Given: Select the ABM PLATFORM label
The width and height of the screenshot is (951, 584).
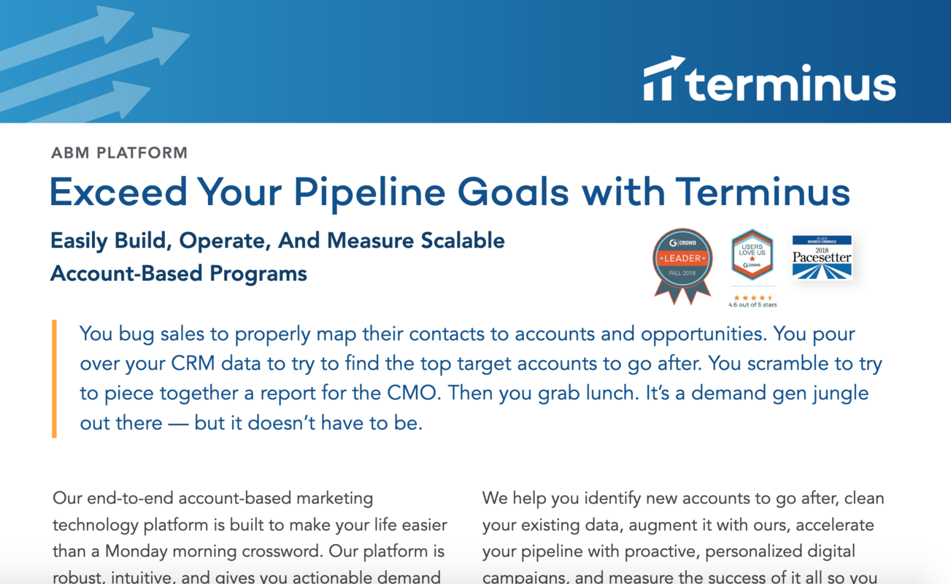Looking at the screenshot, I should point(120,153).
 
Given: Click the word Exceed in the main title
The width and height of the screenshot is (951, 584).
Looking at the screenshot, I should point(118,193).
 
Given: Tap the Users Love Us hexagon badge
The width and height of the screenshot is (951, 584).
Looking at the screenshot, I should point(752,255).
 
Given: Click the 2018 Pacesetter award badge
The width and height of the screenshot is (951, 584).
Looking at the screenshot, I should point(822,258).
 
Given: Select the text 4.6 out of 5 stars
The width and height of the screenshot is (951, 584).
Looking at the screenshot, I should point(752,304).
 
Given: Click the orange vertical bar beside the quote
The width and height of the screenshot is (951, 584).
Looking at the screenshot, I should point(54,378).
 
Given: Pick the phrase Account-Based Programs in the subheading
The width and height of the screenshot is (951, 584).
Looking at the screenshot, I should point(179,274).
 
